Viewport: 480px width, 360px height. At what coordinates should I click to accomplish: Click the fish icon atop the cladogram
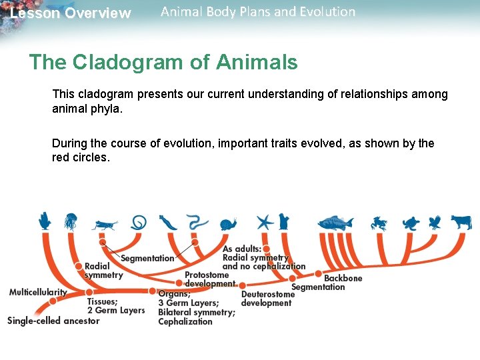pos(336,223)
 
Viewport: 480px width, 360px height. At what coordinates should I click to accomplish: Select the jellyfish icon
pos(71,221)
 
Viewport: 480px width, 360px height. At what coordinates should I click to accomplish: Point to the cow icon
pos(461,222)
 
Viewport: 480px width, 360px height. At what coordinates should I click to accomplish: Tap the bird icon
pos(435,222)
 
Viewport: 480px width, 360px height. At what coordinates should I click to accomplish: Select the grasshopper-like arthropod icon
pos(105,225)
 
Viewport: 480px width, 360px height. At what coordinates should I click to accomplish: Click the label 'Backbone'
pos(343,278)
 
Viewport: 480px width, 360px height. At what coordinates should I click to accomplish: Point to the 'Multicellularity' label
pos(38,292)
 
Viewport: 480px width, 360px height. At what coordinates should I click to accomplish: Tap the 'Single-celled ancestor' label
pos(53,321)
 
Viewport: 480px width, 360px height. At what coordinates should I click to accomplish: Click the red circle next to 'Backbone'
pos(318,273)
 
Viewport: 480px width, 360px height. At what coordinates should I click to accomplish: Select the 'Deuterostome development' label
pos(267,299)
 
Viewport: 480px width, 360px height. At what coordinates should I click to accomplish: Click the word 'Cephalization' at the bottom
pos(185,321)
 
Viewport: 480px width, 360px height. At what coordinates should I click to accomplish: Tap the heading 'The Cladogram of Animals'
pos(163,63)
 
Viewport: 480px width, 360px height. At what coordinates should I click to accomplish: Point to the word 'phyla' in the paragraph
pos(107,108)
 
